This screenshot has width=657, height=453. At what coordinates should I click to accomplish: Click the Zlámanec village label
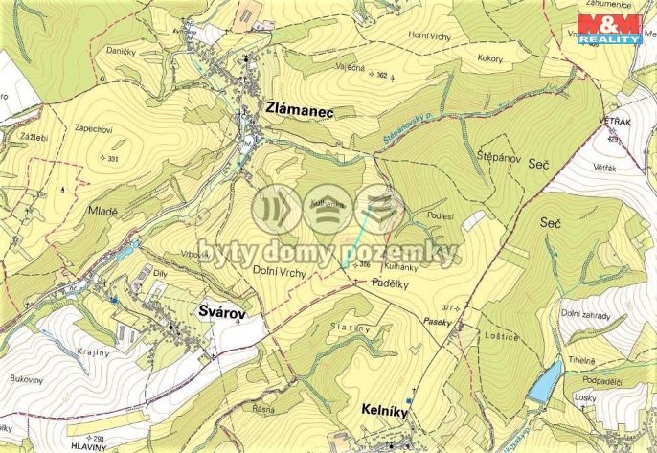point(298,112)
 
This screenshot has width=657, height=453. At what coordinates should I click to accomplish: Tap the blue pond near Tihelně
point(544,381)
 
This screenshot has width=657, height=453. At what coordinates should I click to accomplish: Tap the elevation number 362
point(381,74)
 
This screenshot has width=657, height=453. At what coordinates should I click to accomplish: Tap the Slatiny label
point(352,329)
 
